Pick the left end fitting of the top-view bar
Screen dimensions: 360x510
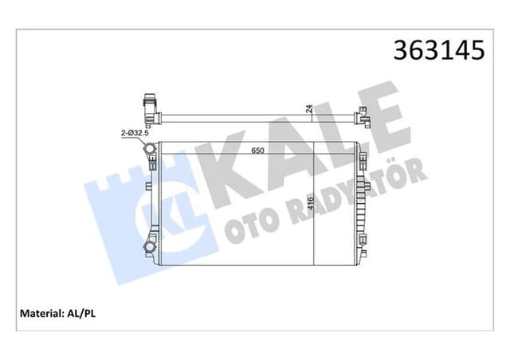tap(148, 104)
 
